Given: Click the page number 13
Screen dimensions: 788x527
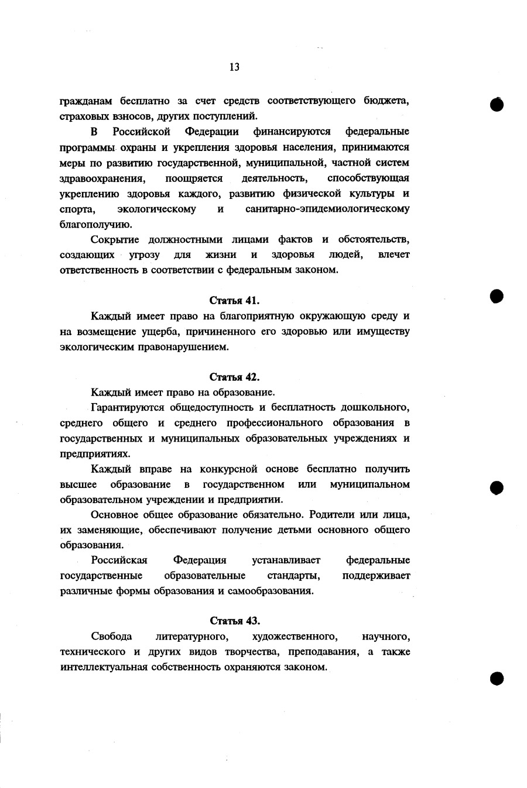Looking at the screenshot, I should [234, 67].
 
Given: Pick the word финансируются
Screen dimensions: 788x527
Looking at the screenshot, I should [292, 131].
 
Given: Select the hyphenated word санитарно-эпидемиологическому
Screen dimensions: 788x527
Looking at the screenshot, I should [327, 209].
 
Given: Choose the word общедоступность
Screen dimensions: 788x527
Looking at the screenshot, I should [212, 407].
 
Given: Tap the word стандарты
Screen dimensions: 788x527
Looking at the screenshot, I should [294, 576].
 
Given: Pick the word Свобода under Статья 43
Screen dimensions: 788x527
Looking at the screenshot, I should [111, 636].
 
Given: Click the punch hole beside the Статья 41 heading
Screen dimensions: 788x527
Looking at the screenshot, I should [497, 296].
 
